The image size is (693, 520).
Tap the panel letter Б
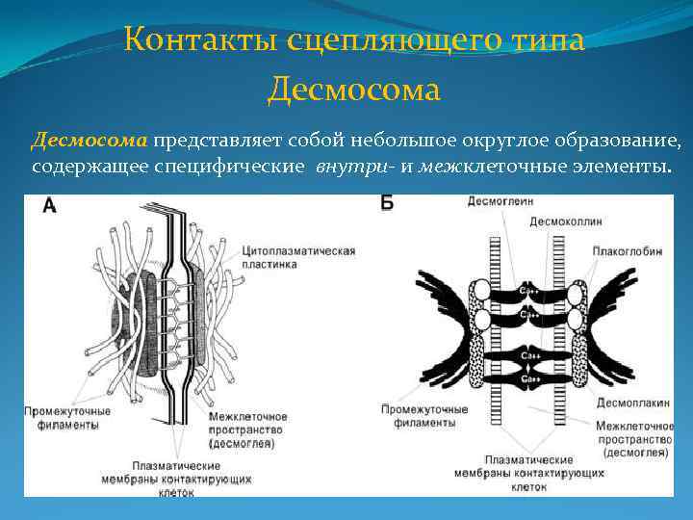click(387, 205)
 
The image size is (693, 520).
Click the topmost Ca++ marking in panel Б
click(528, 289)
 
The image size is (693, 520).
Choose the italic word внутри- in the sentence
click(355, 166)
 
